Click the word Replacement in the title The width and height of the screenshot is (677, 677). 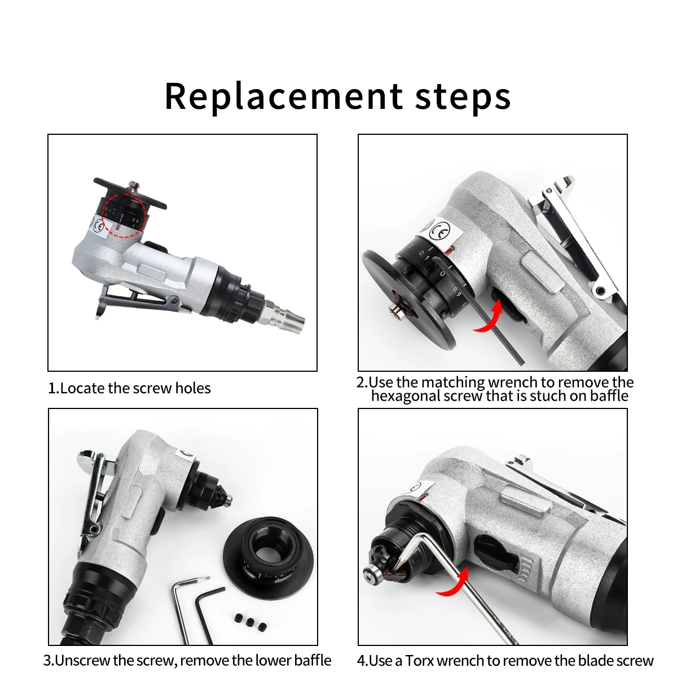pyautogui.click(x=284, y=96)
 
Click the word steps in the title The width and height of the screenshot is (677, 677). pyautogui.click(x=463, y=97)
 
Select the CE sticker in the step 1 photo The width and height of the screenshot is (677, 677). pyautogui.click(x=100, y=228)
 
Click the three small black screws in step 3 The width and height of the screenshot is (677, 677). pyautogui.click(x=250, y=622)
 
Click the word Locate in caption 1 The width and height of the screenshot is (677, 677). pyautogui.click(x=82, y=388)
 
